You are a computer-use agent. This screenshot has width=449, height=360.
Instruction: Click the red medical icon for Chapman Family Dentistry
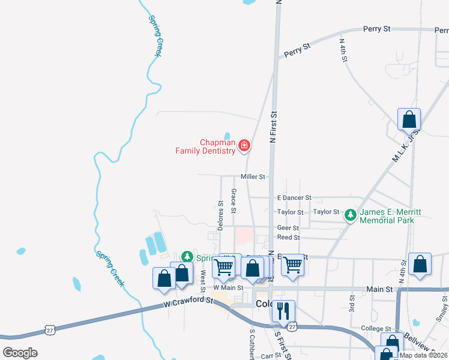244,145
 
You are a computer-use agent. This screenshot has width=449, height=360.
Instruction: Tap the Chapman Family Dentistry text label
205,147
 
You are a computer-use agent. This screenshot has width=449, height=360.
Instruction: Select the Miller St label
253,177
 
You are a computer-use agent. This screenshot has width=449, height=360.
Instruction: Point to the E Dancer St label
294,197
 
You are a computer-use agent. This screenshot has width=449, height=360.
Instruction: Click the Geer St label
288,228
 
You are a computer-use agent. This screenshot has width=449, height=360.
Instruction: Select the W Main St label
228,288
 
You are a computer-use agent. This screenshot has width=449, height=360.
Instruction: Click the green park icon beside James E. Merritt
350,214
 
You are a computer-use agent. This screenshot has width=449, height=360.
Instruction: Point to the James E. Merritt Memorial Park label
387,217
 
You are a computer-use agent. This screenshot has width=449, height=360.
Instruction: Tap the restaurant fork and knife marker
283,310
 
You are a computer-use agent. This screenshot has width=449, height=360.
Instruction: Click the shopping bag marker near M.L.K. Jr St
409,119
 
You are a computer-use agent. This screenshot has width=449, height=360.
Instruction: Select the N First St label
273,126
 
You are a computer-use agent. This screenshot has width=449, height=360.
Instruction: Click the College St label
376,329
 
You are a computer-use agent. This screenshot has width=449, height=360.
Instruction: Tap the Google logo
20,353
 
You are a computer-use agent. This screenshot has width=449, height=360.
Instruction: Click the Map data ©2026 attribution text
423,355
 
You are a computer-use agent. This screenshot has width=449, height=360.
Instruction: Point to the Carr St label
268,356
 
